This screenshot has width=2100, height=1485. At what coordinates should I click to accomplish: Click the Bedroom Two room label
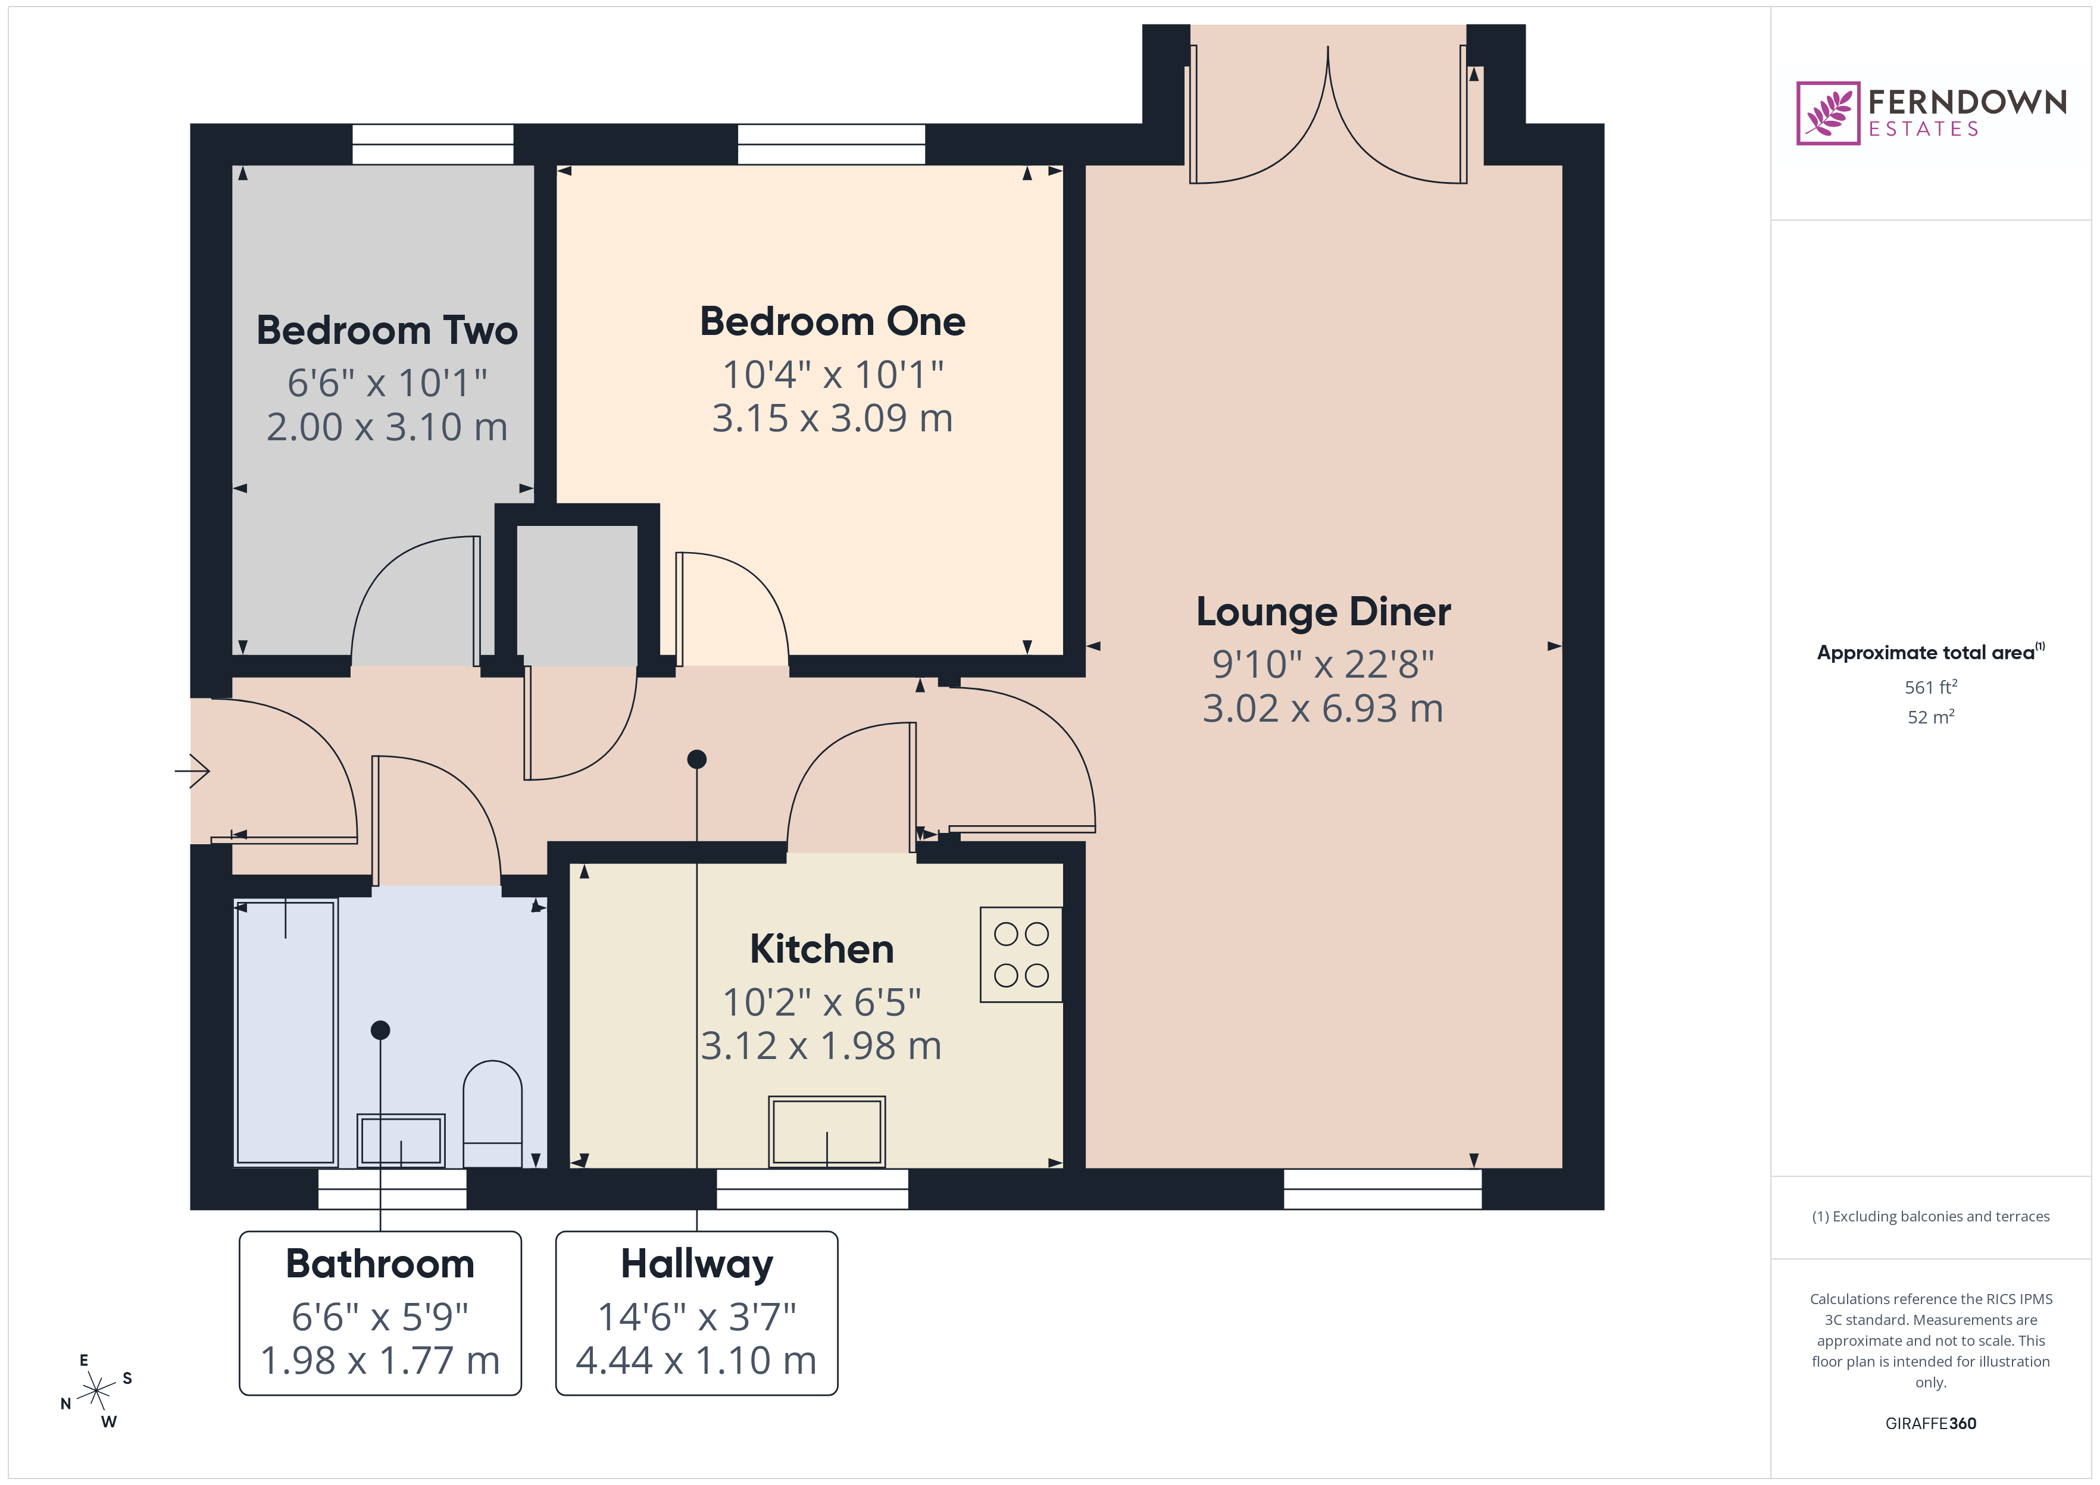tap(387, 330)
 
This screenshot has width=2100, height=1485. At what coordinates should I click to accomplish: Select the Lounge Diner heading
tap(1323, 612)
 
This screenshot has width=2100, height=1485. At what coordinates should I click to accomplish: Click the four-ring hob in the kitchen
tap(1021, 955)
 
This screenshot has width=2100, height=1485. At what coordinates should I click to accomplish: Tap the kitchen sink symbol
tap(827, 1131)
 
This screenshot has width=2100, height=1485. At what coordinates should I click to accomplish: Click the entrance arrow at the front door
tap(193, 771)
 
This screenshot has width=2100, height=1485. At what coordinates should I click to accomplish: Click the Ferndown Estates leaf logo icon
tap(1827, 114)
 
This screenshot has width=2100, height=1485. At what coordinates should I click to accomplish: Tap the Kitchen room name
tap(821, 949)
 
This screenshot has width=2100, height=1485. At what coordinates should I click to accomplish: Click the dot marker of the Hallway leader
tap(697, 759)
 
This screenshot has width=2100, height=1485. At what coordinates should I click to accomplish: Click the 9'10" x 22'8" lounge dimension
tap(1323, 665)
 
